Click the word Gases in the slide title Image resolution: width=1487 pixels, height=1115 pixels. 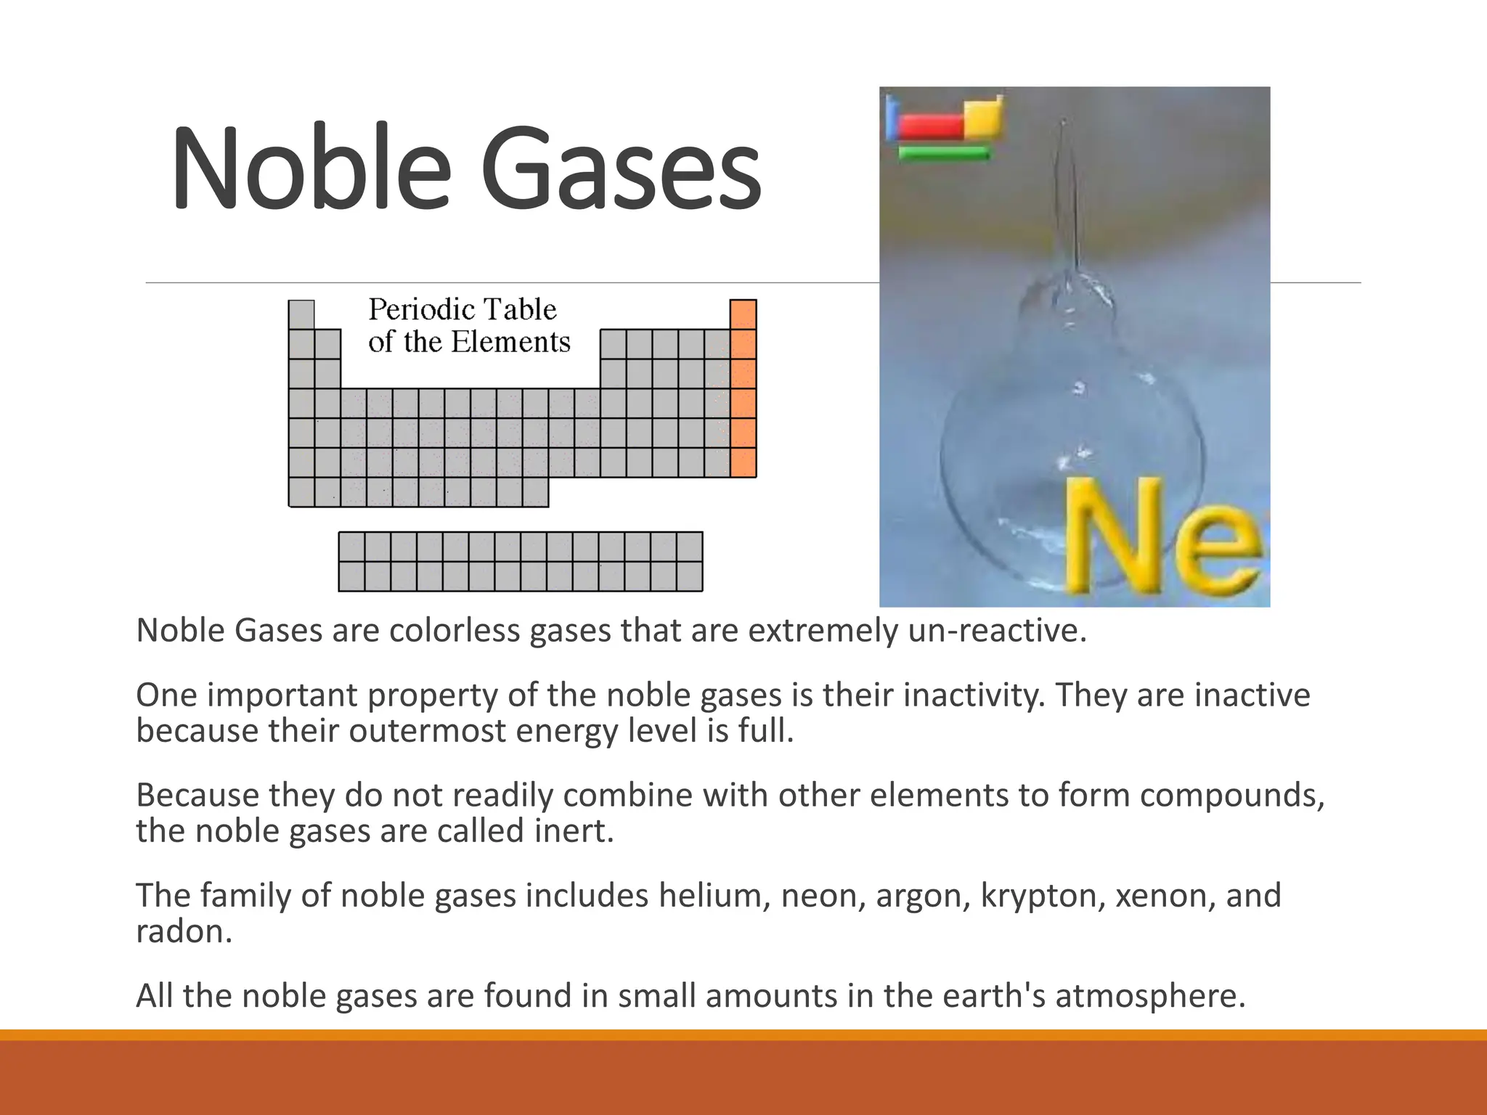pyautogui.click(x=621, y=168)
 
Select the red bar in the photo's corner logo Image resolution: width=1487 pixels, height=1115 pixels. pyautogui.click(x=930, y=126)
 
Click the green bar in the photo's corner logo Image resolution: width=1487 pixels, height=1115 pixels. pyautogui.click(x=944, y=153)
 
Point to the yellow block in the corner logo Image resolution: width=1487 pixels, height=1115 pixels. pyautogui.click(x=983, y=116)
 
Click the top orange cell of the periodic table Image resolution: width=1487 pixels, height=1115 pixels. pyautogui.click(x=743, y=314)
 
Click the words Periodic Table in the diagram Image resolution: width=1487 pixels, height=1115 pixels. pyautogui.click(x=463, y=310)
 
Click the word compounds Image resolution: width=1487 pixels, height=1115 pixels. pyautogui.click(x=1231, y=796)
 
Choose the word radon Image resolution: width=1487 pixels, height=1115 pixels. pyautogui.click(x=183, y=931)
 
